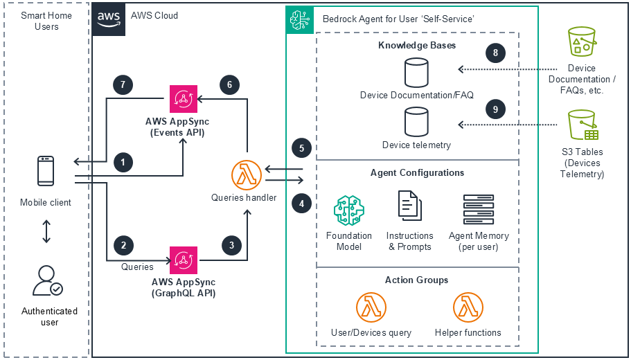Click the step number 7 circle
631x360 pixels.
tap(123, 84)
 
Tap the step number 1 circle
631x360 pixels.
tap(123, 162)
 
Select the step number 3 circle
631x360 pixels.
tap(231, 244)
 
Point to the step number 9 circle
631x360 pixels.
tap(495, 109)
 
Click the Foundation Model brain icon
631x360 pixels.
tap(349, 211)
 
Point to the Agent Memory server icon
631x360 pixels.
tap(479, 210)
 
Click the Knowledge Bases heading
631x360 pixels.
tap(417, 46)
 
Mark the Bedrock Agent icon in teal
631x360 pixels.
tap(301, 19)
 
